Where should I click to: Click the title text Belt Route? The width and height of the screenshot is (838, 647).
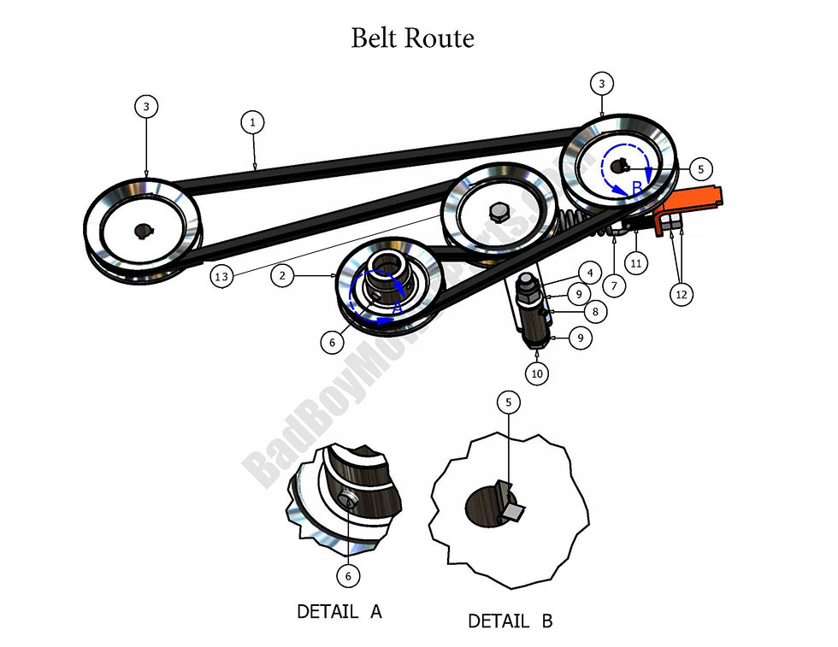point(412,38)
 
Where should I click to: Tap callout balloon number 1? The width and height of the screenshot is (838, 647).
point(252,123)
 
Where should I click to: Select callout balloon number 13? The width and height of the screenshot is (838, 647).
point(222,275)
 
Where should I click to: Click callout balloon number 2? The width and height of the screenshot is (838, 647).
point(282,275)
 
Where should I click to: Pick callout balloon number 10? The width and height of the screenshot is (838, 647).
point(536,373)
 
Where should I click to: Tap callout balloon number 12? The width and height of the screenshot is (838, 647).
point(681,294)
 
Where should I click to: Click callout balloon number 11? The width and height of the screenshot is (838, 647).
point(635,263)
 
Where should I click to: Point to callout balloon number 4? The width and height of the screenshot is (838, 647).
point(587,274)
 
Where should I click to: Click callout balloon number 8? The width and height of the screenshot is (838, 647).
point(595,312)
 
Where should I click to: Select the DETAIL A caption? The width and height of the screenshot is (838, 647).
point(339,612)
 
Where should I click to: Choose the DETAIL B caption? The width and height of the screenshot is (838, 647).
point(510,621)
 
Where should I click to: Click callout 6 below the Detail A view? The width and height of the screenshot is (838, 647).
point(347,576)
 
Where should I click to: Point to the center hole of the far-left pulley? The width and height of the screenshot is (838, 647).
point(143,229)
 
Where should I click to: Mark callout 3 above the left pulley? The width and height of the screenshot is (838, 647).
point(146,107)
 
